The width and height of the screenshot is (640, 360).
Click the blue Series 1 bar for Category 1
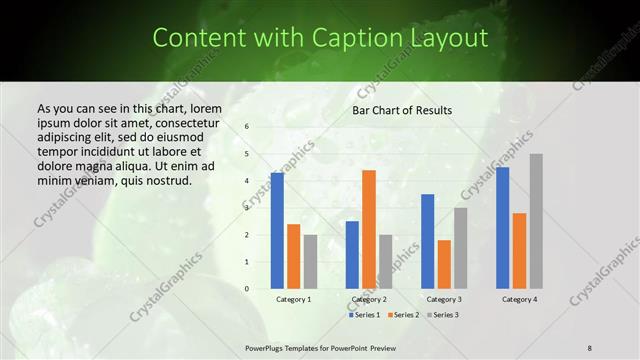[277, 231]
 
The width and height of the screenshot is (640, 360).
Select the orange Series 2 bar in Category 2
[369, 229]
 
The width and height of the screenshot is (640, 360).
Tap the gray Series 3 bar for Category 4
[536, 221]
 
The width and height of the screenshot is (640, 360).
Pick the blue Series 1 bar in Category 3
[428, 241]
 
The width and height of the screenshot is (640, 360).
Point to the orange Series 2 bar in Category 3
[444, 264]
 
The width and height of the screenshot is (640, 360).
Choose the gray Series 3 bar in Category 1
[310, 261]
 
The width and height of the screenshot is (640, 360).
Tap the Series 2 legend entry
[403, 315]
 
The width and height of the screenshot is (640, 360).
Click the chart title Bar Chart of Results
[402, 110]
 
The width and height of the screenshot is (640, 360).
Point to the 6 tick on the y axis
[247, 127]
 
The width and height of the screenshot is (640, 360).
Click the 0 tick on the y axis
[247, 289]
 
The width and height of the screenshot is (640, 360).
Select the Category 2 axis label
[369, 300]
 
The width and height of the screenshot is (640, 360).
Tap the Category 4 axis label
[520, 300]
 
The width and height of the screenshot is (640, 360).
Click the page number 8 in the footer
[590, 347]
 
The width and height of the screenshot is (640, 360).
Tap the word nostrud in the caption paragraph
[165, 181]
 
